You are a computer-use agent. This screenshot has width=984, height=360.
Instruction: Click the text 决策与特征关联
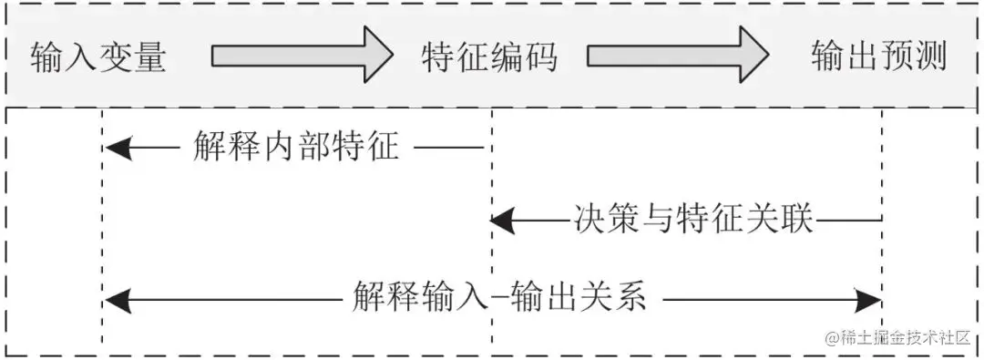[693, 219]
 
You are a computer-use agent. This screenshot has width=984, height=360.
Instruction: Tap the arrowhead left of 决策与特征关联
[504, 220]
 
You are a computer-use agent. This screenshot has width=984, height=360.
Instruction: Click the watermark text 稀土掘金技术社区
[906, 336]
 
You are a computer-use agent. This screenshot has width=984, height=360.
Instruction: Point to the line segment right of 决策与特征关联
[850, 219]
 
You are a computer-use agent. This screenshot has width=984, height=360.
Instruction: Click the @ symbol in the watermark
[831, 337]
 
